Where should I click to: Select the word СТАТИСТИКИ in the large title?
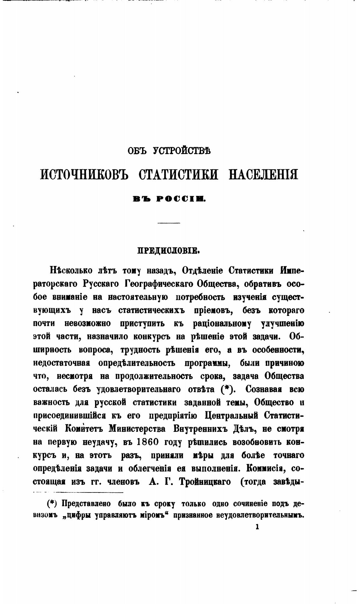click(x=178, y=174)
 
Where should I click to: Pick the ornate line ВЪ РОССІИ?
click(x=169, y=199)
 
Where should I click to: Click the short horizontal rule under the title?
click(x=169, y=223)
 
